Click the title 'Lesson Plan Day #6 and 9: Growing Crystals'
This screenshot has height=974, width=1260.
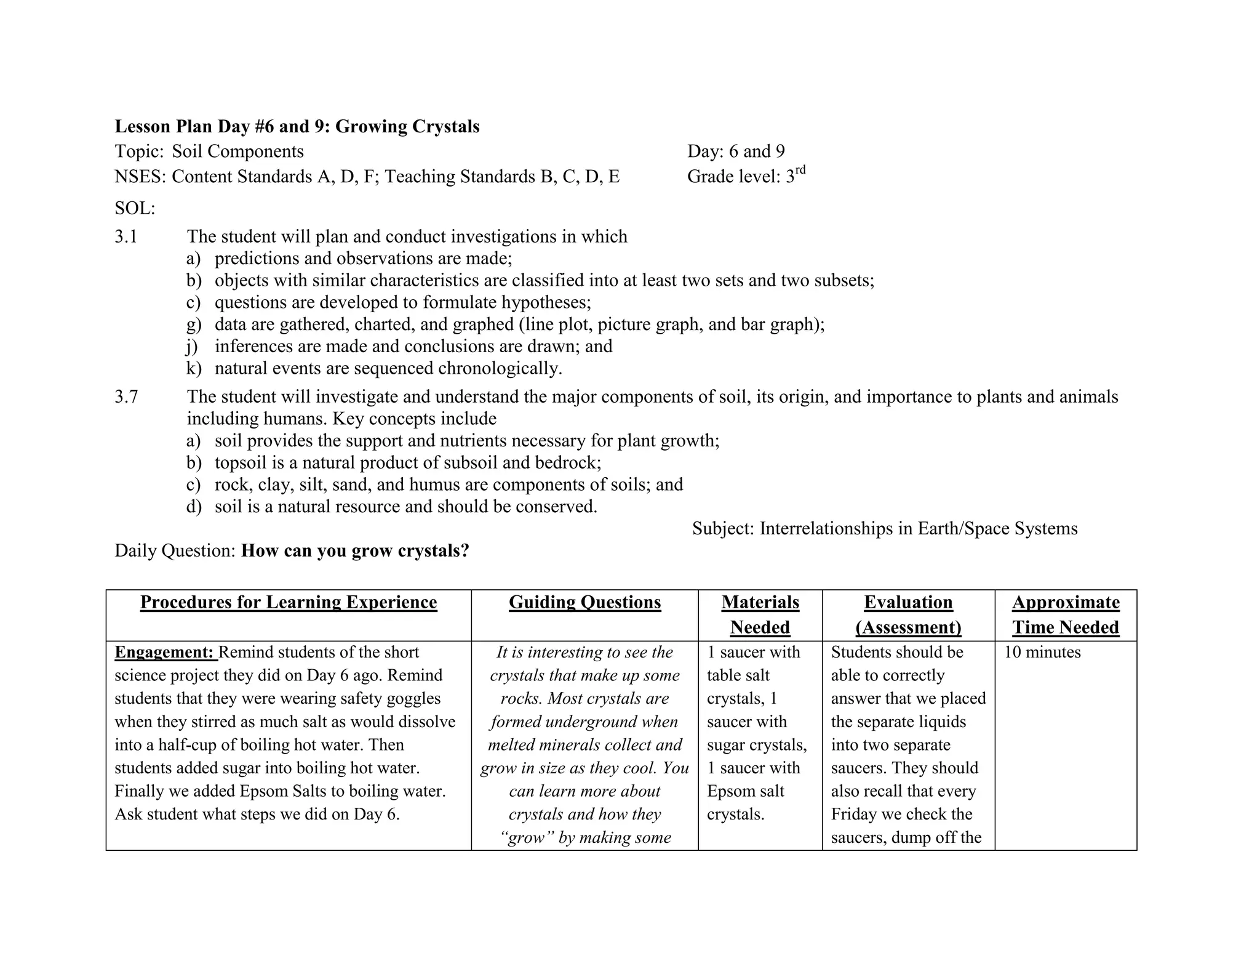tap(297, 126)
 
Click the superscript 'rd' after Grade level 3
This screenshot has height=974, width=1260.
tap(800, 171)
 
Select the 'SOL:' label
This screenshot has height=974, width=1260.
tap(135, 208)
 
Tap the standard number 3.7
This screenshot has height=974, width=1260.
tap(126, 396)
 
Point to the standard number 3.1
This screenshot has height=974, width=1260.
tap(126, 236)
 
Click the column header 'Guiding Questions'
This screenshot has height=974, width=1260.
tap(584, 602)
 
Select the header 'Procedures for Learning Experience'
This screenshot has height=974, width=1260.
tap(289, 602)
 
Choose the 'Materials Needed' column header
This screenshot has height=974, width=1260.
tap(760, 614)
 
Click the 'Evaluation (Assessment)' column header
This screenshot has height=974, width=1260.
tap(908, 614)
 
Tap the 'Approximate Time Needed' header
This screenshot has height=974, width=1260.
tap(1066, 614)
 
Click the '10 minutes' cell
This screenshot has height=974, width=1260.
tap(1042, 652)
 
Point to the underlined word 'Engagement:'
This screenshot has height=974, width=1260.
tap(164, 652)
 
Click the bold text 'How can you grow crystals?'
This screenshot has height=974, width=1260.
tap(355, 550)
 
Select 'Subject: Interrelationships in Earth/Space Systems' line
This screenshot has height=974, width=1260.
tap(885, 528)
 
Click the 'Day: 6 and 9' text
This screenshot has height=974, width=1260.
tap(736, 151)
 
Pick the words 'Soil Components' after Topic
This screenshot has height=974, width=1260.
tap(237, 151)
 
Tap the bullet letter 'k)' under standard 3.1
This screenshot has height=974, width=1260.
tap(193, 369)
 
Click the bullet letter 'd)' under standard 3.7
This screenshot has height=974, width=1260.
tap(193, 507)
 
